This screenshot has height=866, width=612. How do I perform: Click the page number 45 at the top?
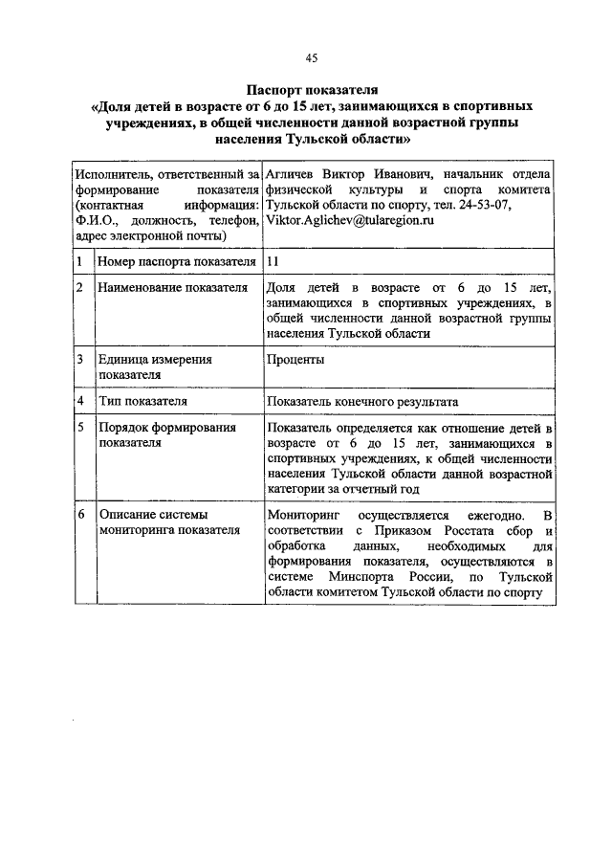tap(311, 57)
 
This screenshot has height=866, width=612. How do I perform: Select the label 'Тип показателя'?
tap(142, 401)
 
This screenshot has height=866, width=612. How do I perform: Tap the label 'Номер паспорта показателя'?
tap(177, 261)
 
